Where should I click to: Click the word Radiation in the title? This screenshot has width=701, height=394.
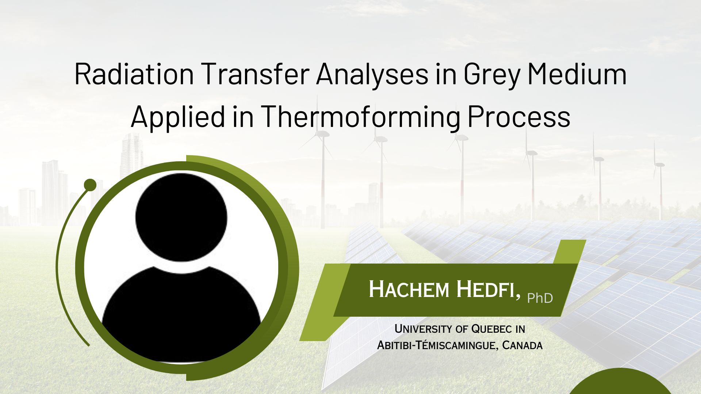point(134,74)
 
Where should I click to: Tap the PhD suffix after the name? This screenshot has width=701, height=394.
point(540,298)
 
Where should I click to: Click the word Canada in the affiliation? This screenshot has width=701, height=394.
point(522,345)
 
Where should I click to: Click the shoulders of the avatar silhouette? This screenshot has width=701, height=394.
point(181,310)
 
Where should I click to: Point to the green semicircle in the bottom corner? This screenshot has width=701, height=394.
point(620,383)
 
